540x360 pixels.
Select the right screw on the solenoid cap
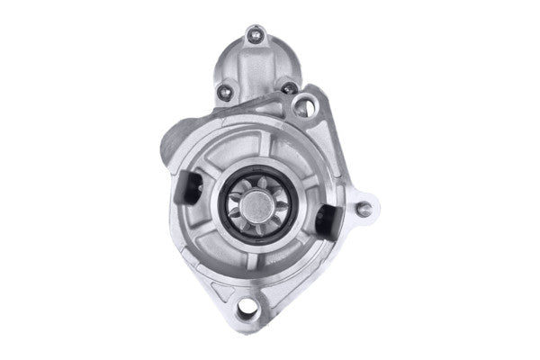[288, 88]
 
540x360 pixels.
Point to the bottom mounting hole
[247, 311]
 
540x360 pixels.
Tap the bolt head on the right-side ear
[364, 209]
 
